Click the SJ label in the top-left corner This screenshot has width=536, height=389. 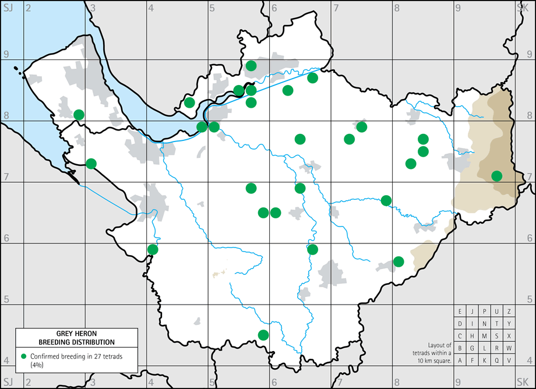pos(8,6)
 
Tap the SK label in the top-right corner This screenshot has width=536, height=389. pos(523,6)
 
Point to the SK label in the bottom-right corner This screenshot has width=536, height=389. pos(523,382)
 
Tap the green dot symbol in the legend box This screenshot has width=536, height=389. pos(23,356)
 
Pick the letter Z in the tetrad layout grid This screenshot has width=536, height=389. pos(509,311)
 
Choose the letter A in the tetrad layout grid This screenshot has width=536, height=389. pos(460,360)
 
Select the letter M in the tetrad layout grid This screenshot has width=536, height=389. pos(485,336)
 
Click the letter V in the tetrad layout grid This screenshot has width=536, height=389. pos(509,360)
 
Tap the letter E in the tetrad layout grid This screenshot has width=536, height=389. pos(460,311)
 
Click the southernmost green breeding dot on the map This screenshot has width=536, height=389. pos(263,334)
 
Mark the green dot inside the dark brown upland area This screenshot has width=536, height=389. pos(496,176)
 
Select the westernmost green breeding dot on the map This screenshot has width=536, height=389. pos(79,115)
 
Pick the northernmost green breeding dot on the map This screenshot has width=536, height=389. pos(251,65)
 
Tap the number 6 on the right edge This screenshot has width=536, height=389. pos(530,238)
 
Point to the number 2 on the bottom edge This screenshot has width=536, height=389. pos(27,382)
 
